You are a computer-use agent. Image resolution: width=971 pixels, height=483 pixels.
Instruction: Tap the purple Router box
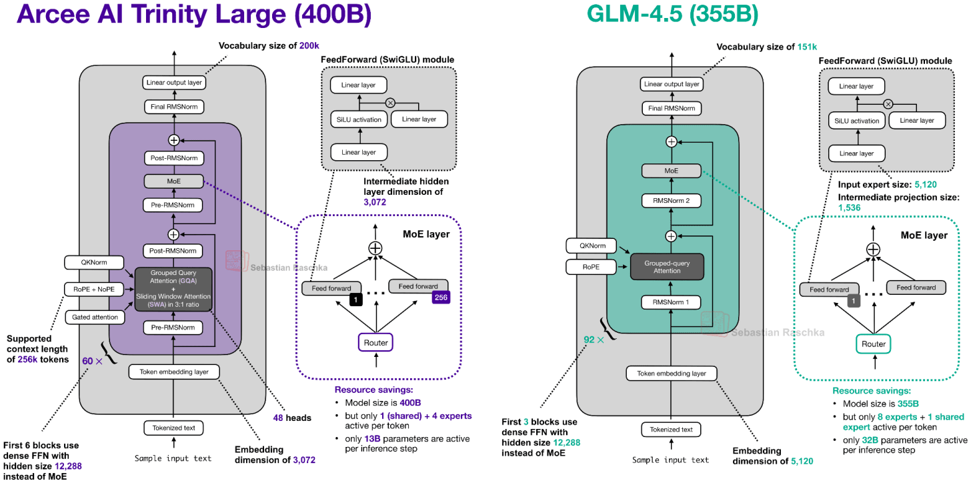click(375, 343)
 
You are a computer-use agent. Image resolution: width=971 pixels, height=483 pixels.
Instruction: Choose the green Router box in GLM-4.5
click(873, 344)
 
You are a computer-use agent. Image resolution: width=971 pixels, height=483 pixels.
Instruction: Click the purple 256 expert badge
click(441, 298)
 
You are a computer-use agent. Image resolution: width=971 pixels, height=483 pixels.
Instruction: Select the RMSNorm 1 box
click(671, 302)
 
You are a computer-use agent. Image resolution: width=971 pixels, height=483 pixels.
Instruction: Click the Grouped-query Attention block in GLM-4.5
click(667, 267)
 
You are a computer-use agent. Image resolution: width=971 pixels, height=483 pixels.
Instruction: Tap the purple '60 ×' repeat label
click(91, 360)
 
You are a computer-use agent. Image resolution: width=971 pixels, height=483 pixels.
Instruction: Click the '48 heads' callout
click(292, 418)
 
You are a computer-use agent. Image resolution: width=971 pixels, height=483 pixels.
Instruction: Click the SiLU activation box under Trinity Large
click(359, 119)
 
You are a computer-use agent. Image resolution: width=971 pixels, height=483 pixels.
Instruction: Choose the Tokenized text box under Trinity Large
click(173, 428)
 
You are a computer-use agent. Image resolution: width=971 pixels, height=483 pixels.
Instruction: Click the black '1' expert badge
click(355, 300)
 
